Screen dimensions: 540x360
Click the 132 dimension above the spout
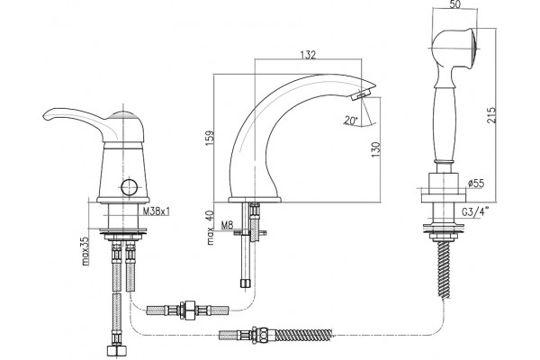pyautogui.click(x=308, y=55)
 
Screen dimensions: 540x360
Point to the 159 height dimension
pyautogui.click(x=210, y=138)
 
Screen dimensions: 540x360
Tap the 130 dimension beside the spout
pyautogui.click(x=375, y=150)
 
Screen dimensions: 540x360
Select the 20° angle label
pyautogui.click(x=351, y=121)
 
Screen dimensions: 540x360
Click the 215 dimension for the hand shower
pyautogui.click(x=491, y=115)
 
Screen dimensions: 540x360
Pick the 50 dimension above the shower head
pyautogui.click(x=454, y=4)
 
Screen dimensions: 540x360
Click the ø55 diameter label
pyautogui.click(x=476, y=184)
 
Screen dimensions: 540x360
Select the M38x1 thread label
pyautogui.click(x=156, y=211)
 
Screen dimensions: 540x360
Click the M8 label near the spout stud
pyautogui.click(x=227, y=225)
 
